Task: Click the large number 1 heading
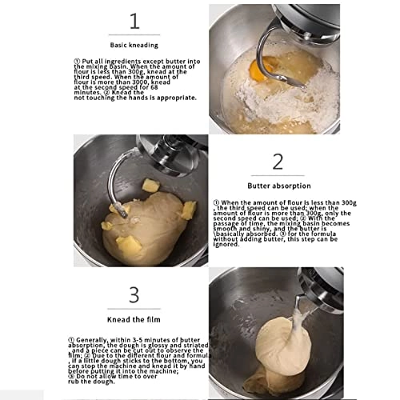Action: [134, 21]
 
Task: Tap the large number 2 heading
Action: [278, 161]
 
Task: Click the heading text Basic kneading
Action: [134, 46]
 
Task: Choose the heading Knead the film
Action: [134, 319]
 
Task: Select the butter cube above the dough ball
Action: [150, 186]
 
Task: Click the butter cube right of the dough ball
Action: [188, 210]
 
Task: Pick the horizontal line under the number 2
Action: [278, 175]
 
